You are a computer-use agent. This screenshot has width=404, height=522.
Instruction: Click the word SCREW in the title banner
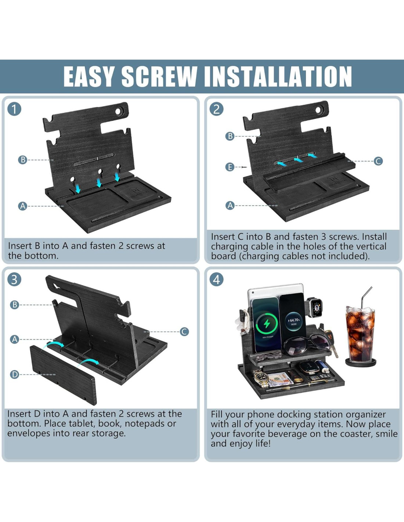point(159,76)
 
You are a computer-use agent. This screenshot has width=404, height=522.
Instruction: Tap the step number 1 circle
point(14,109)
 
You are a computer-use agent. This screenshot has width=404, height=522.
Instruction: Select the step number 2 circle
point(216,109)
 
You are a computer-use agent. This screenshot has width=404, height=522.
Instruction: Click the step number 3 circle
point(14,280)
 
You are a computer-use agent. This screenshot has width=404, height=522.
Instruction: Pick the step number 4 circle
point(216,280)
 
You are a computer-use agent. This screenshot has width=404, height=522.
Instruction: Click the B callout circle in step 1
point(23,160)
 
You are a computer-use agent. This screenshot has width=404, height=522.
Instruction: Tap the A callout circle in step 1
point(23,206)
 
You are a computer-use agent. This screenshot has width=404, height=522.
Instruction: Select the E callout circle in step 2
point(230,167)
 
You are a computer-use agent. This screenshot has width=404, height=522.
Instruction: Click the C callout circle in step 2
point(378,161)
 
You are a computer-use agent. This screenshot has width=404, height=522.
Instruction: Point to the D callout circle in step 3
point(14,374)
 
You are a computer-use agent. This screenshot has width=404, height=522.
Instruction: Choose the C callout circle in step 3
point(184,332)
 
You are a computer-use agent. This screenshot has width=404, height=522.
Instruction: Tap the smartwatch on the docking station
point(314,307)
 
